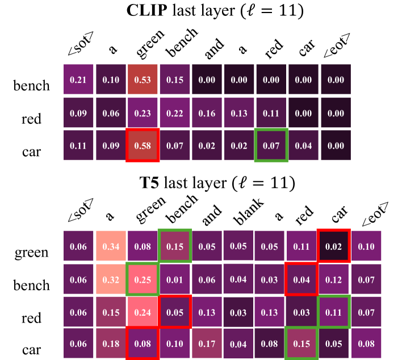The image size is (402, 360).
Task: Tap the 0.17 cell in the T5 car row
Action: pos(207,344)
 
